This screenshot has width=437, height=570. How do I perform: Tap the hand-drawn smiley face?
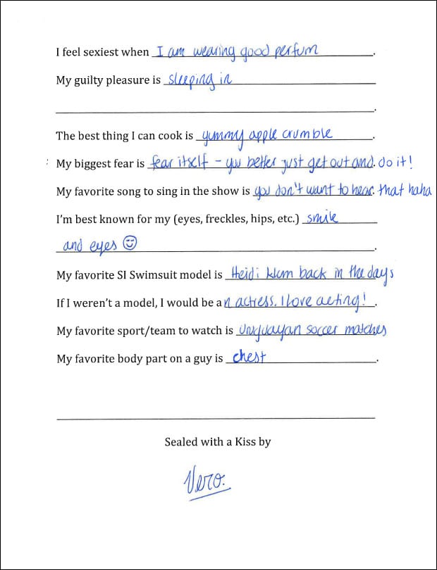pyautogui.click(x=129, y=243)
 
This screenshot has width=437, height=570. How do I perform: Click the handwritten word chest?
pyautogui.click(x=249, y=357)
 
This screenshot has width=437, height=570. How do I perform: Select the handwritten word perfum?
pyautogui.click(x=297, y=51)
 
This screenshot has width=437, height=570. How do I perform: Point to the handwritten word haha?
pyautogui.click(x=419, y=191)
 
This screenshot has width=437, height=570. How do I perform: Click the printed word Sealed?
pyautogui.click(x=181, y=442)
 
